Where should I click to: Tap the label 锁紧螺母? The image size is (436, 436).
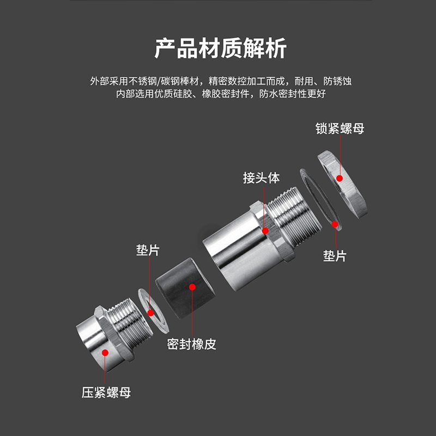[x=340, y=129]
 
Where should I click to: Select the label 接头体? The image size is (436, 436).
[x=261, y=178]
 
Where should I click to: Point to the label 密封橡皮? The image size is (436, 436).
[x=192, y=344]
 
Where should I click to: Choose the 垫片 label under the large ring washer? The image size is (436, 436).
[x=335, y=256]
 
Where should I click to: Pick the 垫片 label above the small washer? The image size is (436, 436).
[x=148, y=251]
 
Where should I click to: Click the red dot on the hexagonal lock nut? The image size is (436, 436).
[x=339, y=178]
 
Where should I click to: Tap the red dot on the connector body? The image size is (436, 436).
[x=265, y=231]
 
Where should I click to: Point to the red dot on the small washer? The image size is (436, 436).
[x=150, y=312]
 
